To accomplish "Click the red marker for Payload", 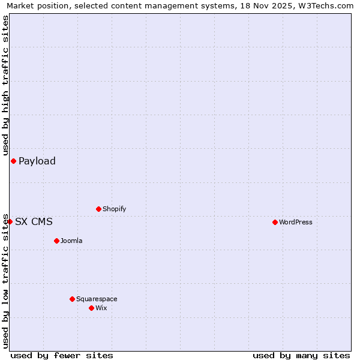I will click(x=13, y=161).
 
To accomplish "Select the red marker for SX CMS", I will click(x=10, y=221).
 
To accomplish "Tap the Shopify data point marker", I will click(x=98, y=209).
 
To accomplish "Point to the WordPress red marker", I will click(x=275, y=222).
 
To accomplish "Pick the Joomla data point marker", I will click(x=56, y=241).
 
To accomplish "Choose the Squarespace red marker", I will click(x=72, y=299).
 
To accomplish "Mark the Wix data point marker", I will click(x=91, y=308).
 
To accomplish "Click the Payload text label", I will click(x=37, y=161).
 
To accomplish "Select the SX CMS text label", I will click(x=34, y=221).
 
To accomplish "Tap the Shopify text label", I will click(x=114, y=209).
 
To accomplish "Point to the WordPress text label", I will click(x=295, y=222).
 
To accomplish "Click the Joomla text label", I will click(x=71, y=241).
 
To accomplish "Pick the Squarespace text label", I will click(x=97, y=299).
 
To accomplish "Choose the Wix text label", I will click(x=101, y=308).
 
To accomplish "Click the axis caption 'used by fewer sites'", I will click(x=62, y=355).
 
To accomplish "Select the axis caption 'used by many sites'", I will click(x=301, y=355).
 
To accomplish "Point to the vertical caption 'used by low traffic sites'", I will click(x=6, y=281).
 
